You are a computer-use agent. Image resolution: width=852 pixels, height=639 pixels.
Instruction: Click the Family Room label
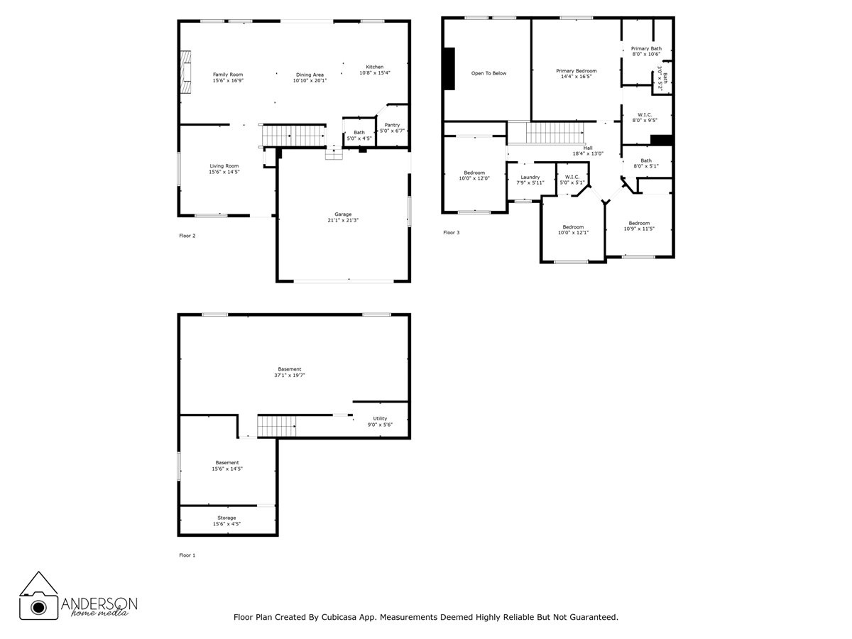pos(227,75)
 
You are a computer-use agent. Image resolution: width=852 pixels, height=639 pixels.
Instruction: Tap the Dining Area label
pos(310,75)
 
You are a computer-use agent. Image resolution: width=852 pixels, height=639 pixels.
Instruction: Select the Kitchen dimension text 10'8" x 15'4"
pos(375,73)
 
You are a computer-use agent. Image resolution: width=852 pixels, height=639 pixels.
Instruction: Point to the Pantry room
pos(392,128)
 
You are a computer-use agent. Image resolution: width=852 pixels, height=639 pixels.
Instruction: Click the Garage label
pos(343,214)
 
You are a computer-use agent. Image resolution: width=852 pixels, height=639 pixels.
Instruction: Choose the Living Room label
pos(224,166)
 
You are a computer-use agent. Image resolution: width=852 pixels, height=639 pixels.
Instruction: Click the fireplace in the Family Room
pos(186,72)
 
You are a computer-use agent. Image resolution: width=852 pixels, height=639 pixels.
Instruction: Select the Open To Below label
pos(488,73)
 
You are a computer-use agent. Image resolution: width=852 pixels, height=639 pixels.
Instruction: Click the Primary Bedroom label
pos(576,71)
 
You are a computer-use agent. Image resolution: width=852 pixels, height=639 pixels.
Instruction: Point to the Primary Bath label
pos(646,48)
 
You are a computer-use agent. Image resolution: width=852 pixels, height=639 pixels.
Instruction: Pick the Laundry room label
pos(530,177)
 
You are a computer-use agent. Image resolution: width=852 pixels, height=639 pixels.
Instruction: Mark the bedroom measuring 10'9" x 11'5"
pos(638,226)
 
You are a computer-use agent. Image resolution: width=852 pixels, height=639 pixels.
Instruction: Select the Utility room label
pos(380,418)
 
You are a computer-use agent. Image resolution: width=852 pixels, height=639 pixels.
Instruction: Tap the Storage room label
pos(226,518)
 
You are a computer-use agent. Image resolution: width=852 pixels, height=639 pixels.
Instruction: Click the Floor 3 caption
pos(452,232)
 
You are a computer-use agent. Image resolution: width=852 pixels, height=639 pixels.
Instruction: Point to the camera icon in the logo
pos(38,605)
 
